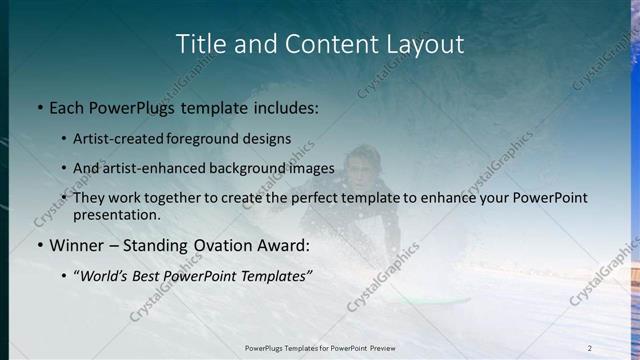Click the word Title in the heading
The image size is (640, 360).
pyautogui.click(x=200, y=44)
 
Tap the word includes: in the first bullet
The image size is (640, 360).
pyautogui.click(x=282, y=107)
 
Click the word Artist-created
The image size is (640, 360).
pyautogui.click(x=125, y=139)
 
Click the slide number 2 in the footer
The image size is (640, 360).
pyautogui.click(x=590, y=347)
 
